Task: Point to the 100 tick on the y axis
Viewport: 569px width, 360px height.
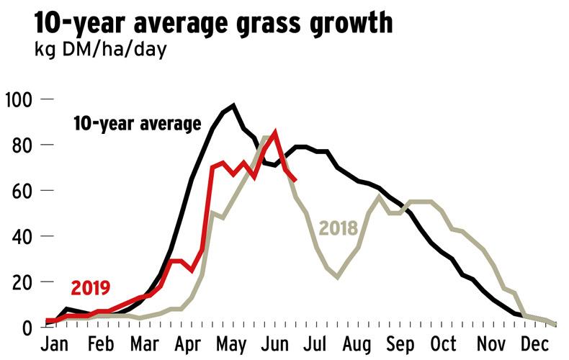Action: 19,99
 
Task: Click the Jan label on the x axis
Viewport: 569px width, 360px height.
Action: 57,343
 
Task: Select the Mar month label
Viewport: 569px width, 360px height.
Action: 147,343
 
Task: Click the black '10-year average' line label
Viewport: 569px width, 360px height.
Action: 137,124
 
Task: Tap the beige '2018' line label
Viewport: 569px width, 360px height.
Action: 339,229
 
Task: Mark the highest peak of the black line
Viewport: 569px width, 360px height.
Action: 233,106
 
